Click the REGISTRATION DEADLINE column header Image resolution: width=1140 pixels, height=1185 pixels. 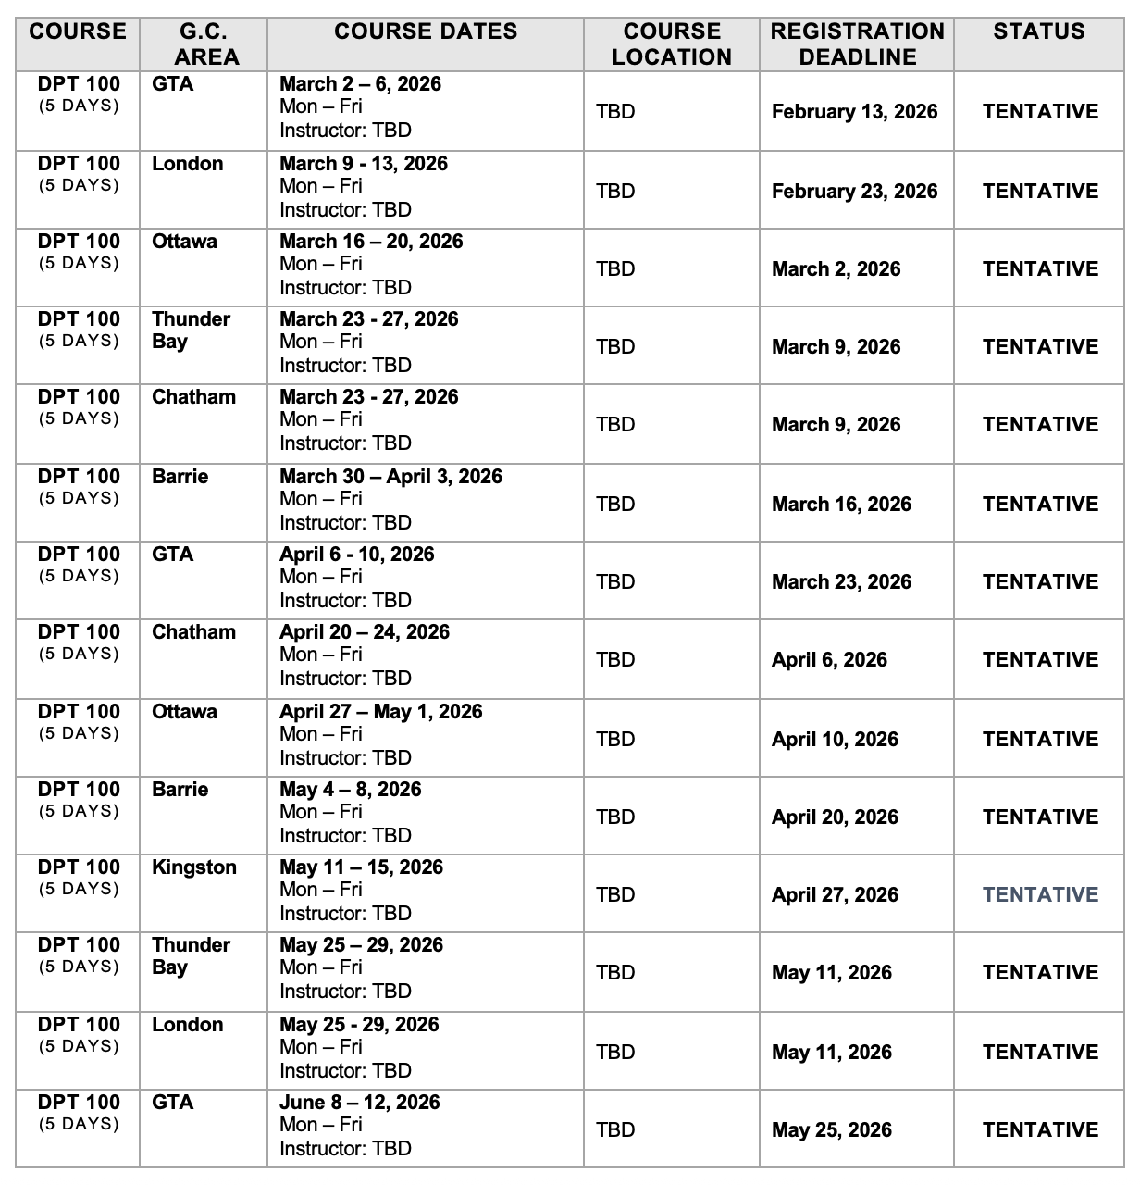[x=857, y=44]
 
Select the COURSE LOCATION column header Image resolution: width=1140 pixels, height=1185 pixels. [x=672, y=44]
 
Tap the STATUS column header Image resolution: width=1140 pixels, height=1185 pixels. [x=1039, y=31]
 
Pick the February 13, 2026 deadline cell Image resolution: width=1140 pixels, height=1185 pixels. [x=854, y=112]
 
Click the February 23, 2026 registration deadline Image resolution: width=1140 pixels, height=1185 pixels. [x=854, y=192]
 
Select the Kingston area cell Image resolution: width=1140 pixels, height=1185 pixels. [x=194, y=867]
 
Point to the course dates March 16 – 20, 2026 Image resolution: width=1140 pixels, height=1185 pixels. [x=371, y=242]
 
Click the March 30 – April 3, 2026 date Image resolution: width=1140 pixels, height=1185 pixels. [x=390, y=477]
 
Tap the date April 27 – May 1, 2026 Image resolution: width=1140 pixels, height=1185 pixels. [x=380, y=712]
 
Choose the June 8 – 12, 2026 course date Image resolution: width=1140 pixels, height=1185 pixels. [x=359, y=1103]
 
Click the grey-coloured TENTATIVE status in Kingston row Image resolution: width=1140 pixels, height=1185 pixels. [x=1040, y=895]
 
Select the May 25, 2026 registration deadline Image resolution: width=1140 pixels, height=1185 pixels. [x=832, y=1130]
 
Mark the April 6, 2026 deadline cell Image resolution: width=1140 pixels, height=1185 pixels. [x=829, y=660]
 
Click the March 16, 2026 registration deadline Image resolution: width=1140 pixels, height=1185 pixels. [x=841, y=505]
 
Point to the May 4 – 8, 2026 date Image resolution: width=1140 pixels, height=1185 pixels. [x=350, y=790]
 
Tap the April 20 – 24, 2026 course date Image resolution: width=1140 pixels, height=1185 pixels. [x=365, y=632]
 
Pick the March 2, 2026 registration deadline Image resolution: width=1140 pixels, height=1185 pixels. [x=836, y=269]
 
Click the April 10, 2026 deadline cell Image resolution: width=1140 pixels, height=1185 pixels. [x=835, y=740]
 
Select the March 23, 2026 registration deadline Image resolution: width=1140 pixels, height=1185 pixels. [x=841, y=582]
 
